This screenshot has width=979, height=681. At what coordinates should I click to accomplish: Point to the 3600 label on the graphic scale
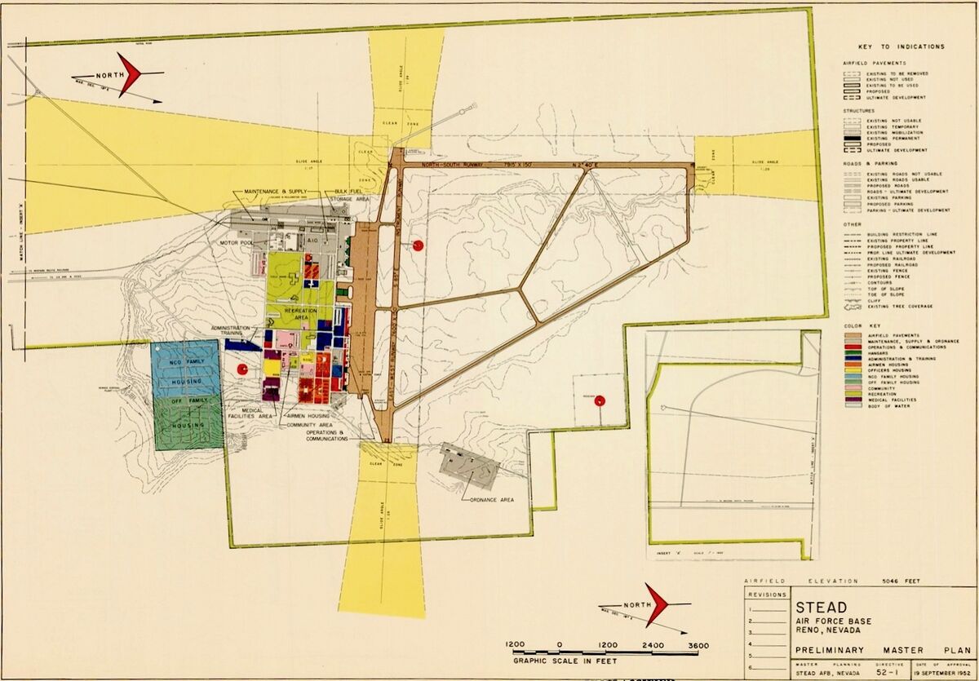[x=698, y=645]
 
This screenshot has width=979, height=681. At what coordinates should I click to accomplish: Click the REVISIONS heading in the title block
[x=766, y=595]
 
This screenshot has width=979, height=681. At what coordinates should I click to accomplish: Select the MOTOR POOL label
[x=234, y=243]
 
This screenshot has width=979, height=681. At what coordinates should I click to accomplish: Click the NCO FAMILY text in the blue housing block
[x=185, y=361]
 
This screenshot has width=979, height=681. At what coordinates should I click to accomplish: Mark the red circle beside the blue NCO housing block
[x=241, y=369]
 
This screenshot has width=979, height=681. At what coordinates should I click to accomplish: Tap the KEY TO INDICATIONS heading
[x=901, y=46]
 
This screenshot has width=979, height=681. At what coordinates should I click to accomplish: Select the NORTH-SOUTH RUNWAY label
[x=453, y=165]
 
